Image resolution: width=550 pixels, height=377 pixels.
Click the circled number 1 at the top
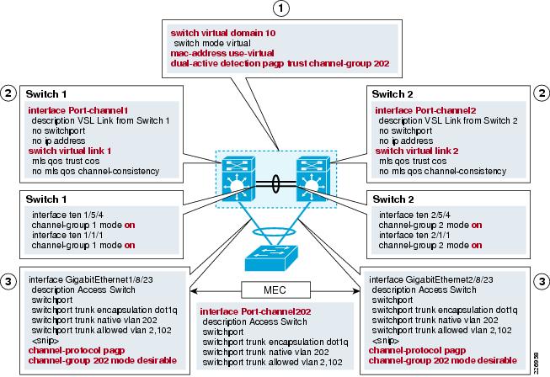[x=276, y=10]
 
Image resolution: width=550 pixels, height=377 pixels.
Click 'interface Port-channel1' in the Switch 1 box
[x=67, y=110]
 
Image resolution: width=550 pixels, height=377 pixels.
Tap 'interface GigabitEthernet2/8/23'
[x=431, y=279]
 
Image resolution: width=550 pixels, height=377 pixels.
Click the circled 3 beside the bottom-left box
[x=9, y=279]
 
